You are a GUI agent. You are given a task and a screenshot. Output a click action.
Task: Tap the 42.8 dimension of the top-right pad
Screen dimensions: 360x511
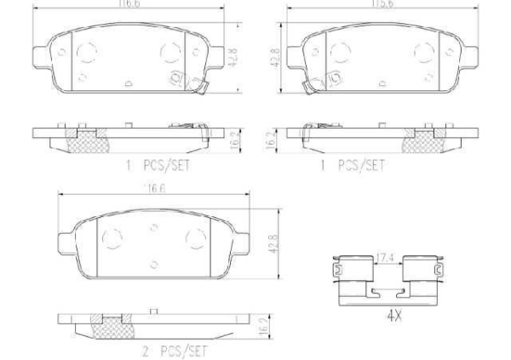pyautogui.click(x=275, y=60)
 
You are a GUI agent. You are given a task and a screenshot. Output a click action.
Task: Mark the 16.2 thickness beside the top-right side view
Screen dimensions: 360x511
pyautogui.click(x=275, y=139)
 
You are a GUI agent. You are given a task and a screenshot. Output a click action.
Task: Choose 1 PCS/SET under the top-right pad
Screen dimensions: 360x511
pyautogui.click(x=353, y=165)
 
